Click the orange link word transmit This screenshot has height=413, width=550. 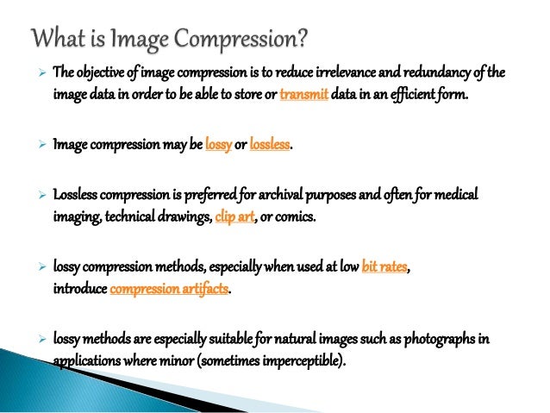[x=304, y=94]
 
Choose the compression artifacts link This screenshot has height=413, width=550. [x=170, y=289]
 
